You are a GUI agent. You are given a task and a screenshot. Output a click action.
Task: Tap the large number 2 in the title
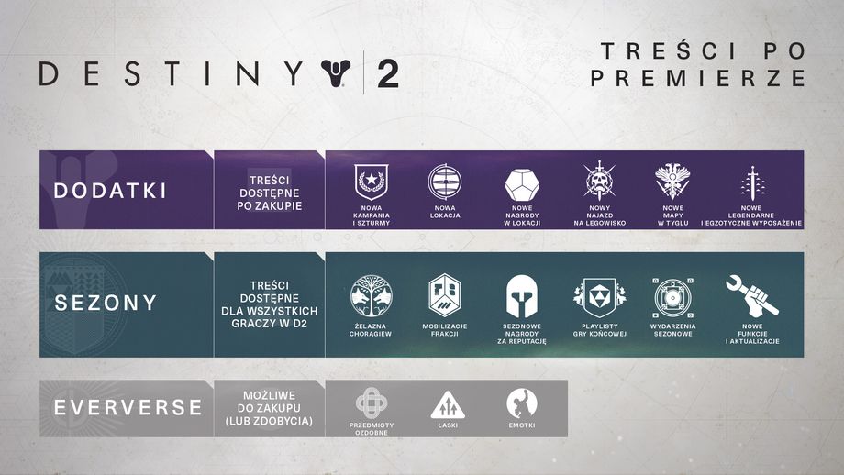point(388,74)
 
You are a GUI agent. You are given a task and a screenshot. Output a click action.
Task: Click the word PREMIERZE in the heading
point(698,79)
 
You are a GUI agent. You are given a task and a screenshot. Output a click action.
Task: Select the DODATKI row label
point(110,191)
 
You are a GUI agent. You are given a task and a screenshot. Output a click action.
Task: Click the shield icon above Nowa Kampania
point(372,182)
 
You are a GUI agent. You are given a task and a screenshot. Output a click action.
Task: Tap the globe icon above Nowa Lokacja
point(445,182)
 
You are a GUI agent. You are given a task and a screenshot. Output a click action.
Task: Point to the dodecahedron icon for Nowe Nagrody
point(521,184)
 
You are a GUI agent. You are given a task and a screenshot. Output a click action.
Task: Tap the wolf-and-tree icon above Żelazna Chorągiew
point(371,295)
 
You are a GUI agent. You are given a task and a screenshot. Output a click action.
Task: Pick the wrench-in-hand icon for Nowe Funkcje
point(750,294)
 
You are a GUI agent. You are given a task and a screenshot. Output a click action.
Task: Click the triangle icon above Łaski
point(447,403)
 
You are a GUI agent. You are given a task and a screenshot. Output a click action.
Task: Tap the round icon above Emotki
point(521,403)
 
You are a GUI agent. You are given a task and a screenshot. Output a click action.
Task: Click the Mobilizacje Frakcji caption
point(446,329)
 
